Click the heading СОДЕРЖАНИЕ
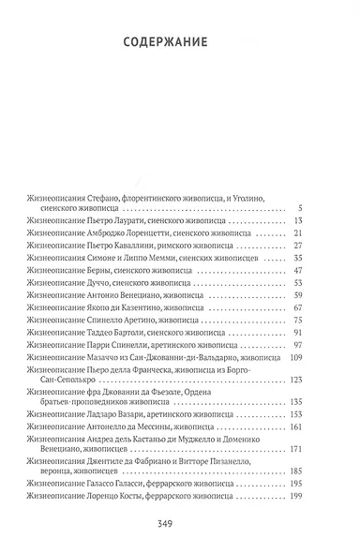coord(179,41)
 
